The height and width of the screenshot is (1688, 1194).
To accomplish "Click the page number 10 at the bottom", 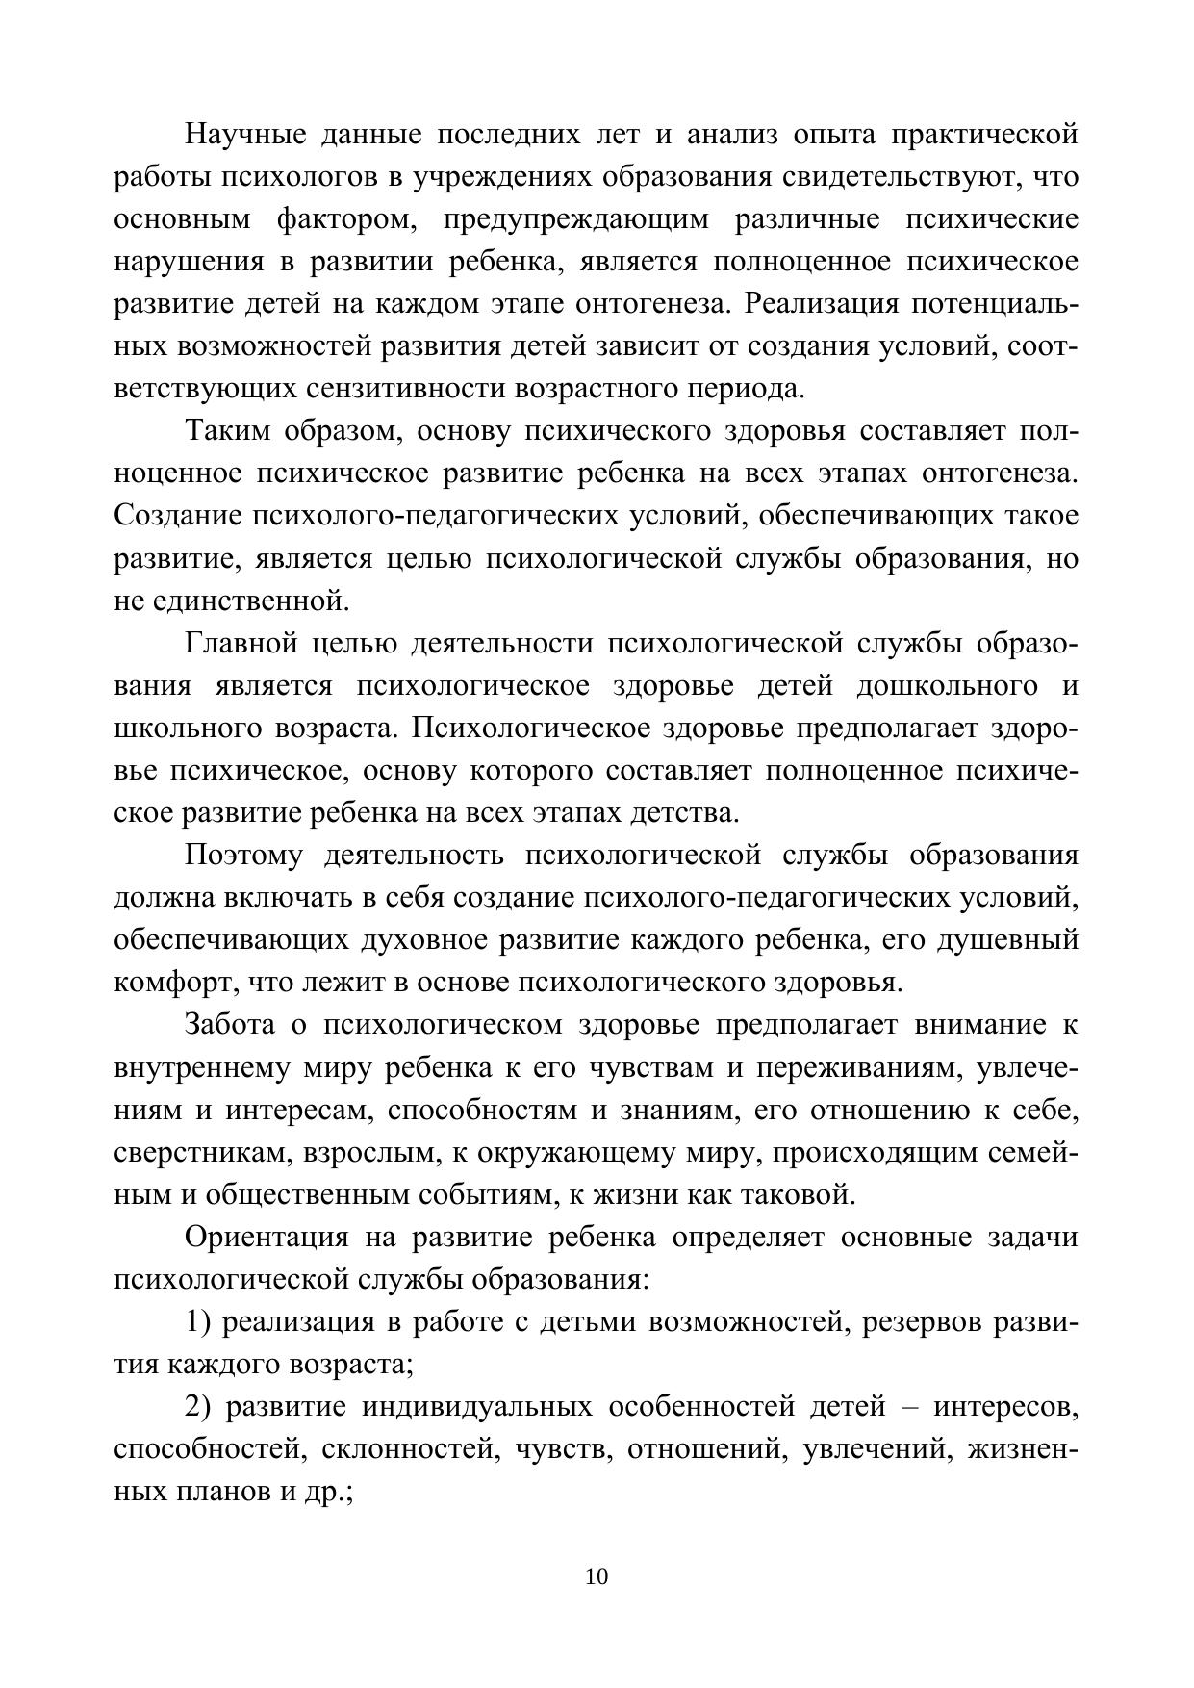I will [597, 1577].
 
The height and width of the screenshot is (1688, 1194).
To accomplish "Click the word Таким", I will [227, 431].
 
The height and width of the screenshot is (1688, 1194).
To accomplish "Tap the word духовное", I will [423, 940].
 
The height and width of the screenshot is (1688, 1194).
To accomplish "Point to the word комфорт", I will [174, 983].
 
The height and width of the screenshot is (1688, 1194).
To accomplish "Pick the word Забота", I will [231, 1025].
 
